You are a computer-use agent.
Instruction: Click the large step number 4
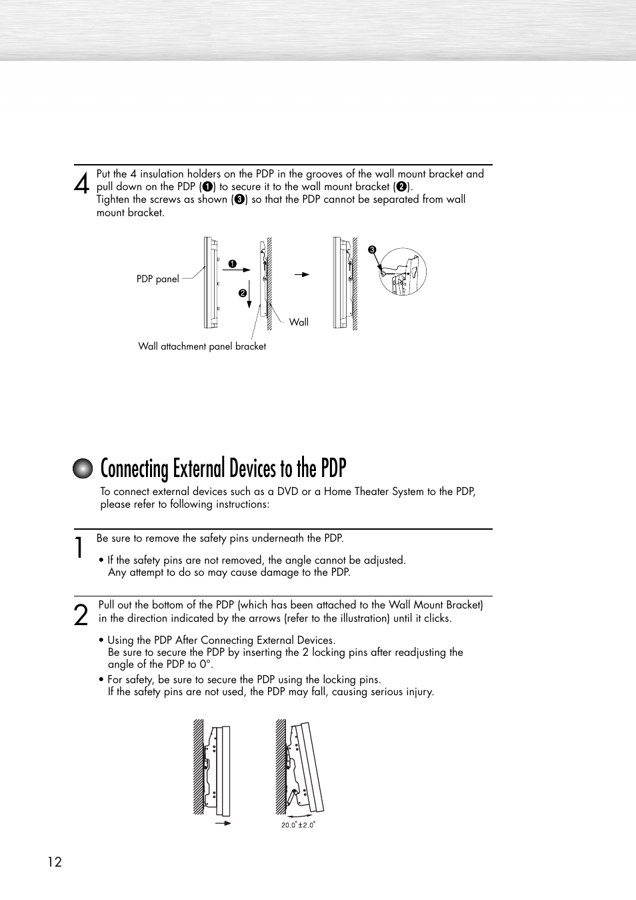[x=81, y=183]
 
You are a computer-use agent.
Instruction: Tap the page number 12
[x=55, y=862]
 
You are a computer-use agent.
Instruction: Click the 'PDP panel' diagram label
[x=157, y=279]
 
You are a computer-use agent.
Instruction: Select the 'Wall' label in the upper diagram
[x=299, y=322]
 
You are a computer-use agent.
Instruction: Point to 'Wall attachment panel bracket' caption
[x=202, y=346]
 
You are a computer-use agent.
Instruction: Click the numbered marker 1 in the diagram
[x=233, y=264]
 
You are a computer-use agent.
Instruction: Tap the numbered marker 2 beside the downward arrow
[x=243, y=293]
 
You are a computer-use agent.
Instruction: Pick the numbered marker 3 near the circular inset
[x=373, y=250]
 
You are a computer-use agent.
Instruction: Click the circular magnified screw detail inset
[x=403, y=272]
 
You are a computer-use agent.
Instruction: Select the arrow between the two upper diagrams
[x=302, y=274]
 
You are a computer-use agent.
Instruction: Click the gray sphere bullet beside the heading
[x=83, y=469]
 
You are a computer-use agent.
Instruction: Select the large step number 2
[x=81, y=614]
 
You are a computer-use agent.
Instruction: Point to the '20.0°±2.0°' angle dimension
[x=298, y=825]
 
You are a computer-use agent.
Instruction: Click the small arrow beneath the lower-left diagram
[x=223, y=823]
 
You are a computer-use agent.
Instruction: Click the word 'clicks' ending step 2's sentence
[x=437, y=618]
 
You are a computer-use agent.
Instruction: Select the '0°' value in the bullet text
[x=205, y=664]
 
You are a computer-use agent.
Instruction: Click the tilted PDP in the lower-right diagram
[x=311, y=767]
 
